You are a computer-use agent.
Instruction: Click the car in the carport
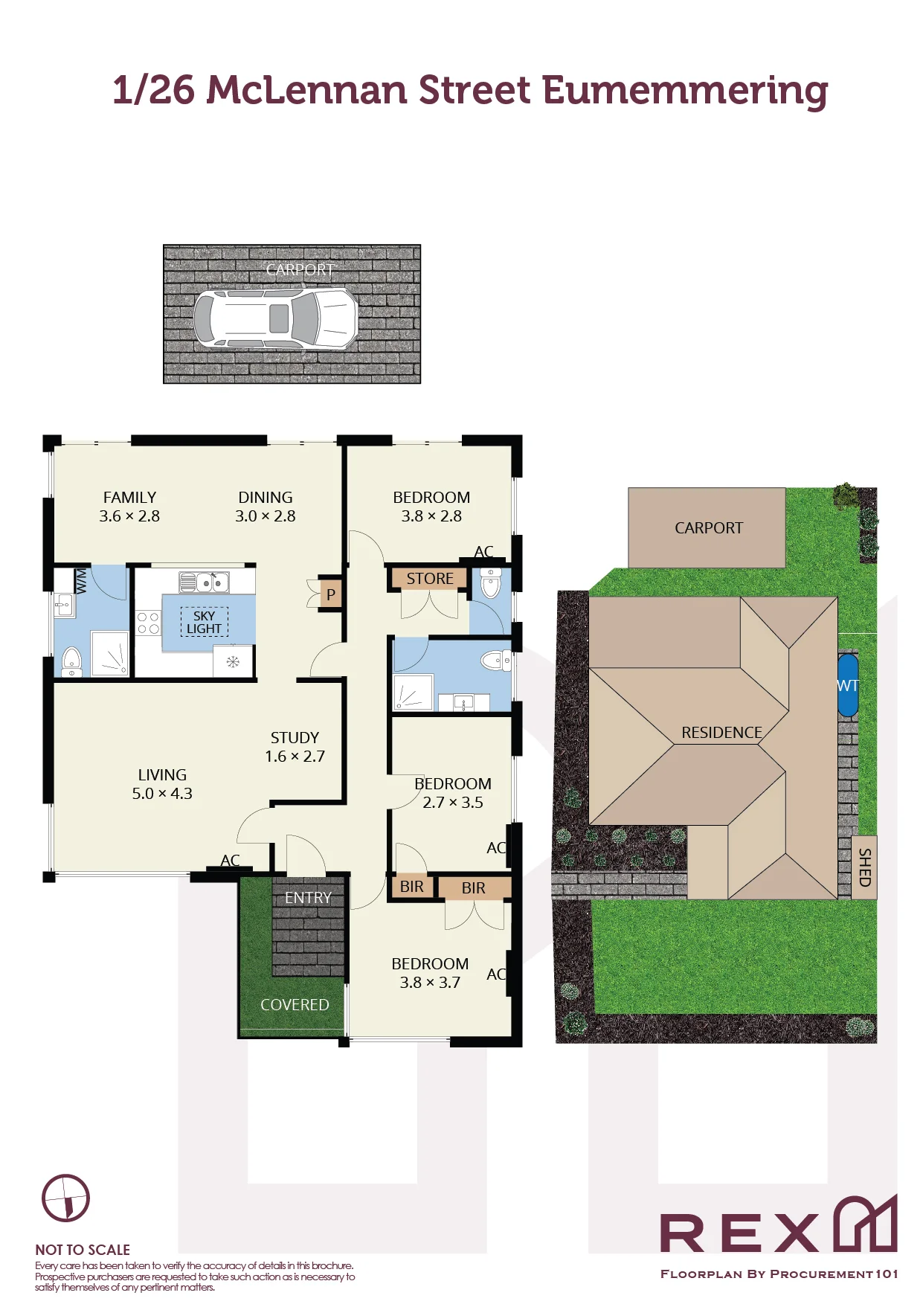(x=276, y=318)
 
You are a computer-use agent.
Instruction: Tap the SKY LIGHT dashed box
(x=204, y=622)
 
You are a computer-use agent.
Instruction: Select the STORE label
(x=430, y=578)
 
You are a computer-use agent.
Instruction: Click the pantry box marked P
(x=331, y=594)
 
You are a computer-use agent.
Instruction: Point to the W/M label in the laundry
(x=81, y=580)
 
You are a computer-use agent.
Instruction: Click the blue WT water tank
(x=848, y=685)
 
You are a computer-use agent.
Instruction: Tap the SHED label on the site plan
(x=864, y=867)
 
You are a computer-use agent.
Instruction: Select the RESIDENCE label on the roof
(x=721, y=733)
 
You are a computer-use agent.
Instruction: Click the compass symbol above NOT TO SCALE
(x=65, y=1198)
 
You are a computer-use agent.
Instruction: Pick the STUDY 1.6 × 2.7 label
(x=295, y=747)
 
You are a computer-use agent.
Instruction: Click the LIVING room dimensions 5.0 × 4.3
(x=162, y=794)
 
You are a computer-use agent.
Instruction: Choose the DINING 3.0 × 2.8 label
(x=266, y=507)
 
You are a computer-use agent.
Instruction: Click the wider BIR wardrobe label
(x=473, y=888)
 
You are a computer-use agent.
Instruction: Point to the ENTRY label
(x=308, y=898)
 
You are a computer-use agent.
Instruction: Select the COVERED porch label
(x=295, y=1005)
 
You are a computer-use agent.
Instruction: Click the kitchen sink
(x=203, y=582)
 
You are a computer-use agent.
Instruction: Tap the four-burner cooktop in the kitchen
(x=148, y=623)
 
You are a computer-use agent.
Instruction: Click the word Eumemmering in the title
(x=685, y=91)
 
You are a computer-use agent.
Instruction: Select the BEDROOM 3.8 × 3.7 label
(x=430, y=973)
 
